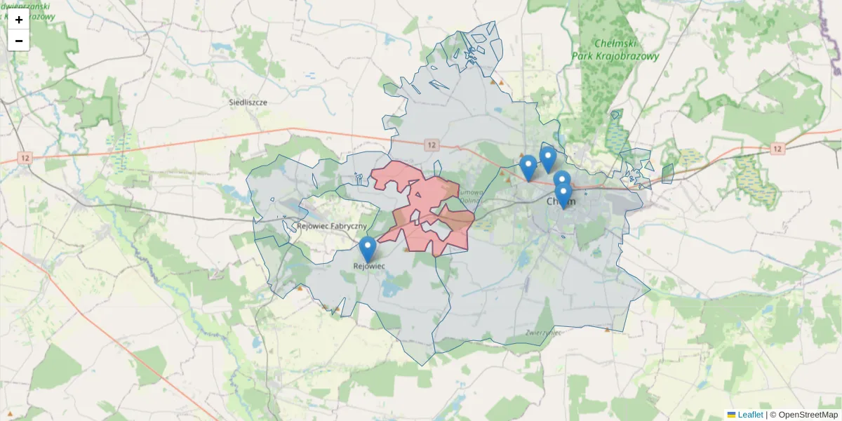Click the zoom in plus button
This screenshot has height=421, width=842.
coord(19,20)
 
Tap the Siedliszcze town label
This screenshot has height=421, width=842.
coord(248,102)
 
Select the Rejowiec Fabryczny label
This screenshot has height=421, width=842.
coord(332,226)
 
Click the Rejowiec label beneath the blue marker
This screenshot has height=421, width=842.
coord(369,267)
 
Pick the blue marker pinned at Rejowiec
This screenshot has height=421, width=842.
coord(368,248)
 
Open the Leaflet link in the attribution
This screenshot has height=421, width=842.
coord(750,415)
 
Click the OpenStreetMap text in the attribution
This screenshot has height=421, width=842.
coord(808,415)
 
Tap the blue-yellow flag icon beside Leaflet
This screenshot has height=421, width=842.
coord(732,415)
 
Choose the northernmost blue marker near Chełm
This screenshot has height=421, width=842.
coord(547,158)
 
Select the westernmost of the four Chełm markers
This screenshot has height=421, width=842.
coord(528,167)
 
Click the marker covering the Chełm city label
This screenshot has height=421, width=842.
coord(563,194)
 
